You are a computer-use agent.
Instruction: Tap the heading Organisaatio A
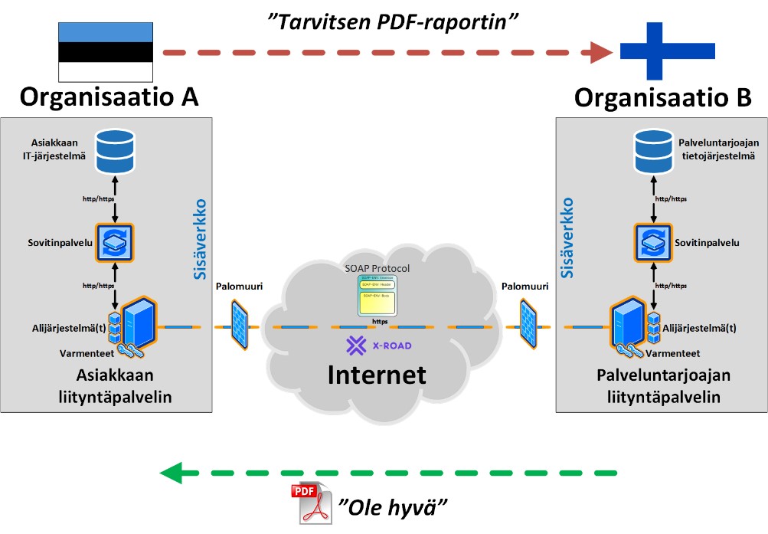[x=108, y=97]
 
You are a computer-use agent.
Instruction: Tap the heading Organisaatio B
[x=663, y=97]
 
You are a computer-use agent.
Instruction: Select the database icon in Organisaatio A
[x=114, y=149]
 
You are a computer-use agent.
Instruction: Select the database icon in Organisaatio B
[x=655, y=150]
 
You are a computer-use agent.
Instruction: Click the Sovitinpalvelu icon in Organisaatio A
[x=114, y=242]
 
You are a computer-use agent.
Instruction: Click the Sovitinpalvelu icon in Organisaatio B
[x=654, y=242]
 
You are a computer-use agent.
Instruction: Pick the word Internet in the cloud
[x=376, y=374]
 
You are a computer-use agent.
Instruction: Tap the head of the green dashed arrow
[x=170, y=472]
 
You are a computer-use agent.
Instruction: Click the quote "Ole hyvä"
[x=392, y=506]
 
